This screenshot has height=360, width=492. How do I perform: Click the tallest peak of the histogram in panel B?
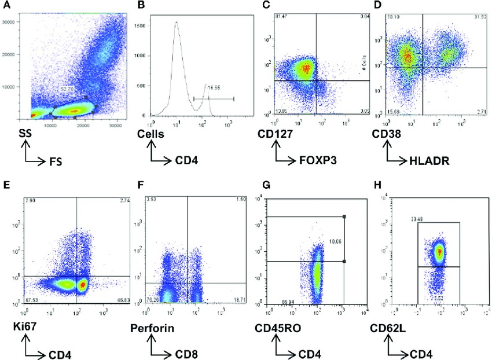(x=177, y=23)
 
